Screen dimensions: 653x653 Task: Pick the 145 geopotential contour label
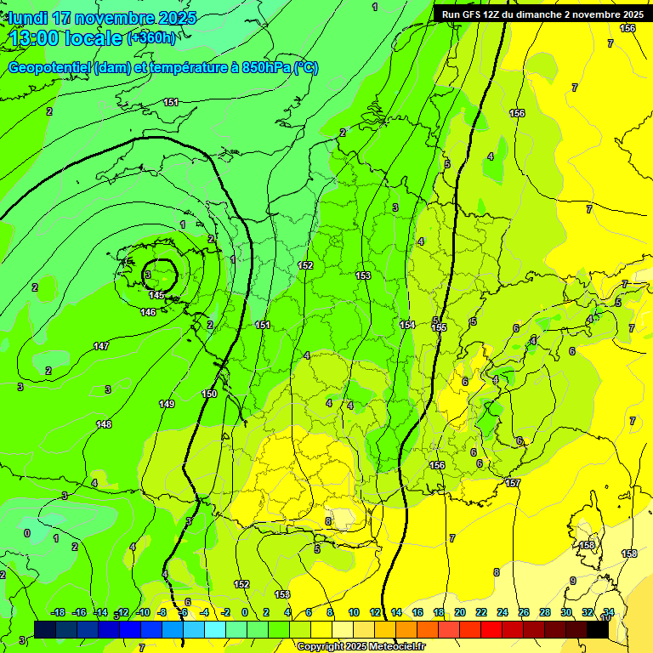coord(156,295)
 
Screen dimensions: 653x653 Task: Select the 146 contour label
coord(148,312)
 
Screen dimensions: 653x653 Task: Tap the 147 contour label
coord(101,346)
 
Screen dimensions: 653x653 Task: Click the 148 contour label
coord(104,423)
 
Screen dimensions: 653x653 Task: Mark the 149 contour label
coord(167,403)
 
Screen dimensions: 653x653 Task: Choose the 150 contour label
coord(209,394)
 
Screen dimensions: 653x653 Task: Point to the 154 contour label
coord(407,325)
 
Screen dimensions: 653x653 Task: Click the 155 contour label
coord(439,327)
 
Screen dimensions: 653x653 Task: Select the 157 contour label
coord(513,483)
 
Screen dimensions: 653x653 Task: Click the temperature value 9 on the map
coord(573,581)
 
